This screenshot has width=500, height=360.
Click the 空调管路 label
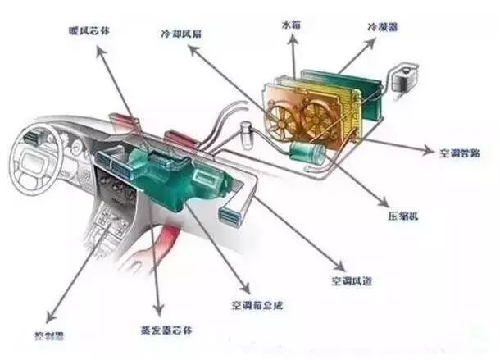click(x=458, y=153)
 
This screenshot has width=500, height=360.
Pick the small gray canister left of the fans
click(x=245, y=130)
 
